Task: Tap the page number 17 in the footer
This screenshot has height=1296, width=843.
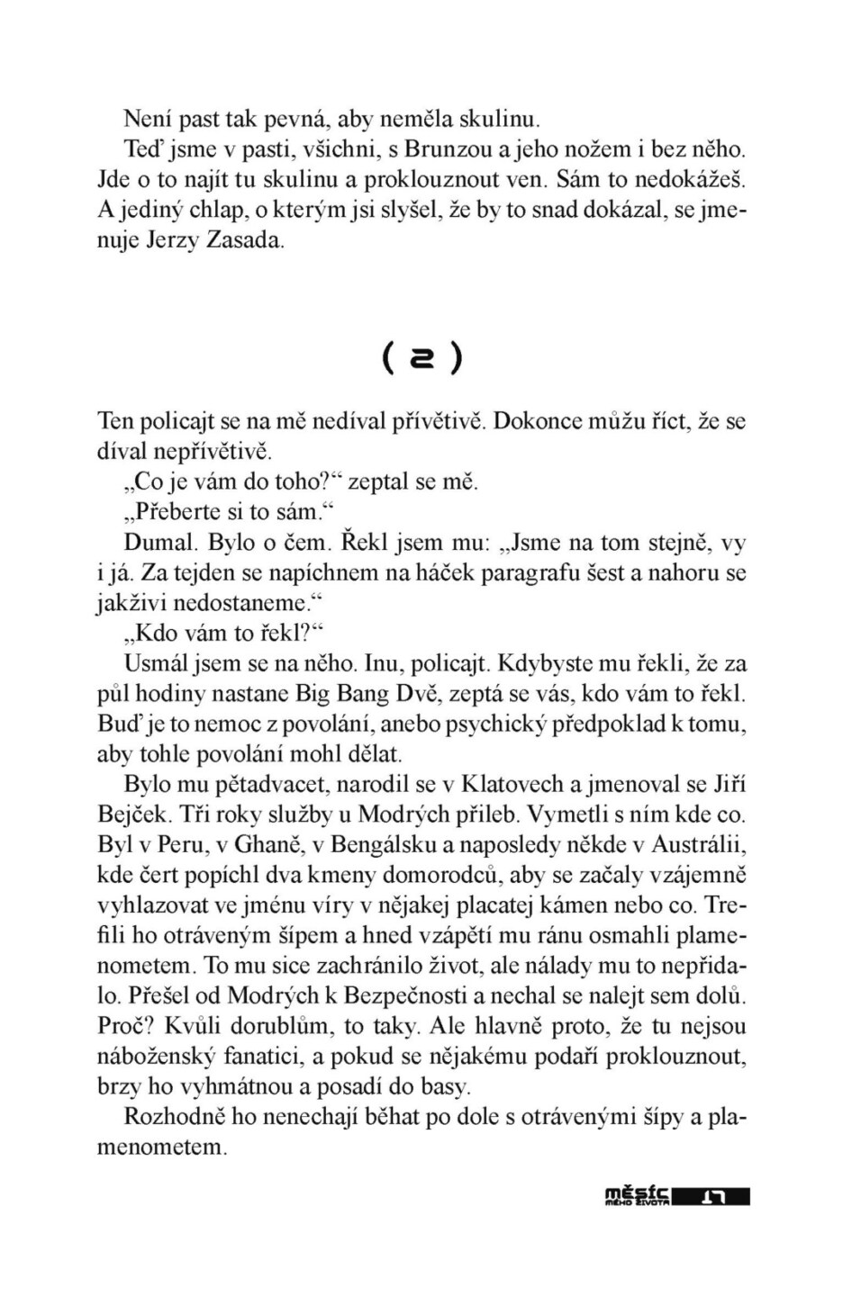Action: (713, 1197)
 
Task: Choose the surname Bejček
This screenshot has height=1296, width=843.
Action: (133, 814)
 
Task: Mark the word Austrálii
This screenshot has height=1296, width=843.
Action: (697, 845)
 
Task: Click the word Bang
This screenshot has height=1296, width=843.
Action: (384, 694)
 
